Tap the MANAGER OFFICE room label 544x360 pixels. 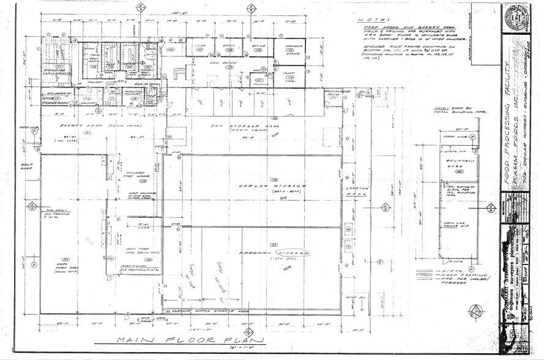(286, 51)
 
